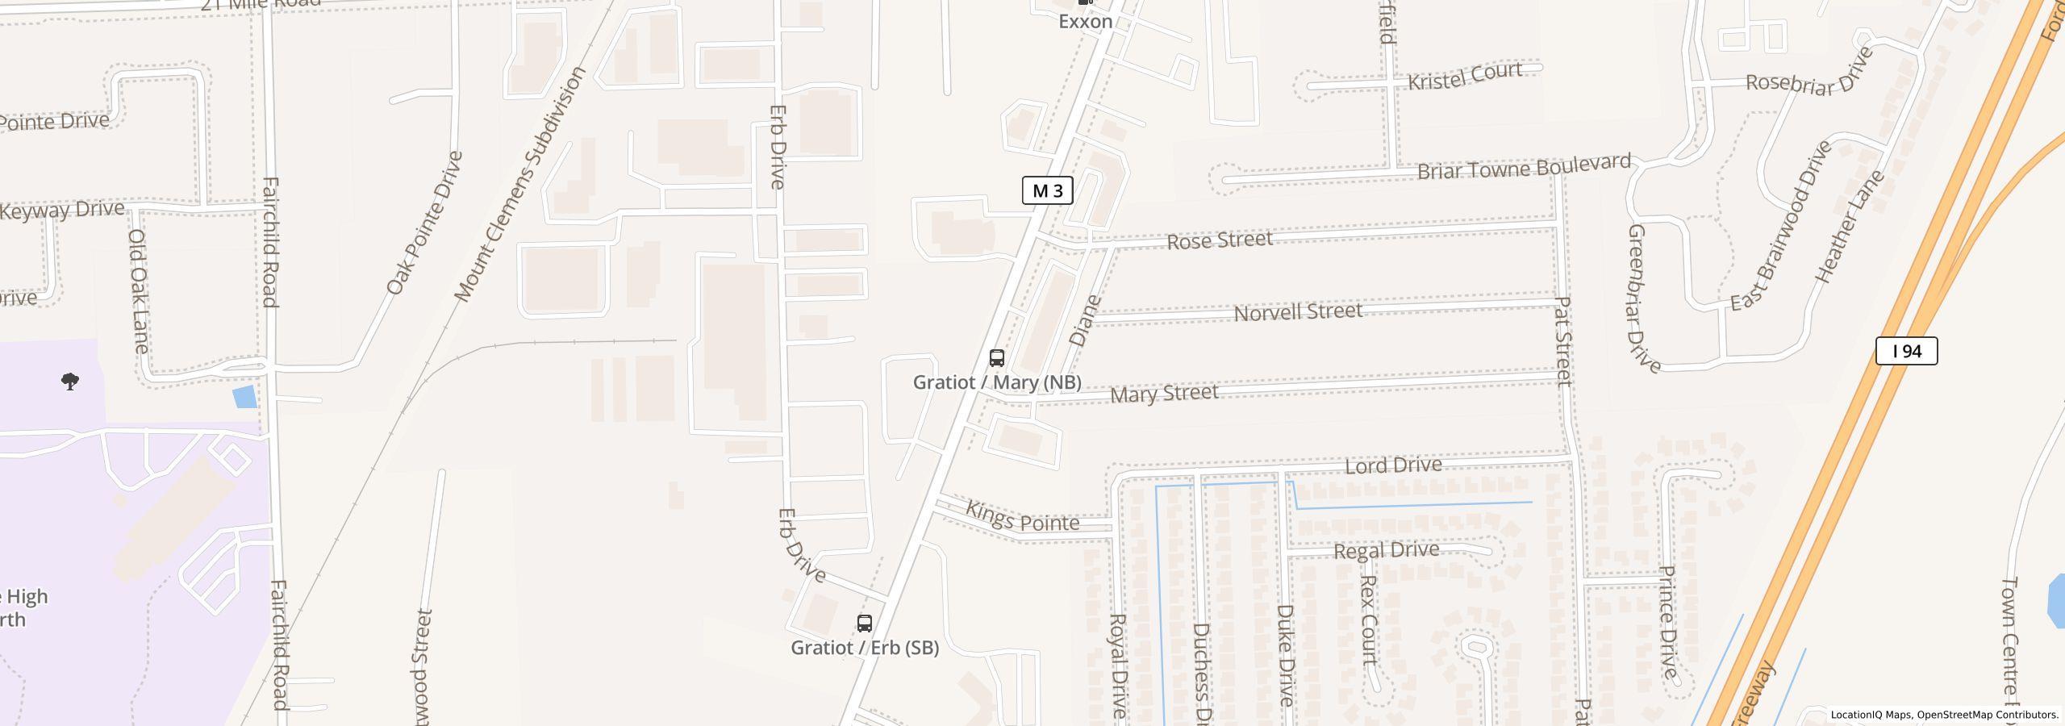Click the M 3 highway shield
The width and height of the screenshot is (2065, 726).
(x=1047, y=190)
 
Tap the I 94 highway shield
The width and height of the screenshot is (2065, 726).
(x=1906, y=351)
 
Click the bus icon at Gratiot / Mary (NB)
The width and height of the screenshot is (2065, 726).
(x=997, y=357)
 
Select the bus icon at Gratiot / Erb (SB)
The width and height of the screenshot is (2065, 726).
(x=864, y=623)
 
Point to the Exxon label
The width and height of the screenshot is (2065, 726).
(x=1085, y=22)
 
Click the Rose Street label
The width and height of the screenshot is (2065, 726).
(x=1219, y=240)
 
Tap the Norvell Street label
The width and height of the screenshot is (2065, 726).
(x=1298, y=312)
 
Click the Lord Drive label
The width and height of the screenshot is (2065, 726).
(x=1393, y=465)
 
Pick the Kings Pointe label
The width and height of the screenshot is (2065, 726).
(x=1022, y=518)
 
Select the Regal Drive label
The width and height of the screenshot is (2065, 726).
(x=1386, y=551)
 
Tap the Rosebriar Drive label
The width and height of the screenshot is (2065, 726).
(x=1808, y=73)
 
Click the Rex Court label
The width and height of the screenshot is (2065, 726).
(x=1368, y=620)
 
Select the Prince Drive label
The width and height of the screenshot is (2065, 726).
(x=1668, y=621)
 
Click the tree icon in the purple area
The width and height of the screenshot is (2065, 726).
(x=70, y=382)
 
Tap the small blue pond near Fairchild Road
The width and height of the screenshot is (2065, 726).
(x=244, y=397)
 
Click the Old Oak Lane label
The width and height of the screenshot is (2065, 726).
(x=138, y=291)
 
